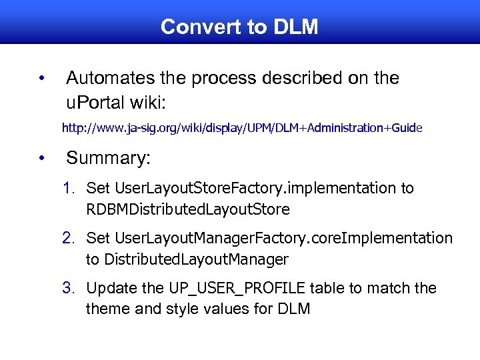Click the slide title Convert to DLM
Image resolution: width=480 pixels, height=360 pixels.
point(239,27)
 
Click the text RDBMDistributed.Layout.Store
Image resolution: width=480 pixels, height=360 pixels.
point(188,209)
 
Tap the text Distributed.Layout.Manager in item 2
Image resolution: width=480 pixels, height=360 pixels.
point(196,259)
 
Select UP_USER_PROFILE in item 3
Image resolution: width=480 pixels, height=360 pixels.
point(227,289)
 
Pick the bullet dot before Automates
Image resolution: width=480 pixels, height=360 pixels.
point(41,79)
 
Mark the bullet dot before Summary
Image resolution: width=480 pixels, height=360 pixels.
point(41,159)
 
